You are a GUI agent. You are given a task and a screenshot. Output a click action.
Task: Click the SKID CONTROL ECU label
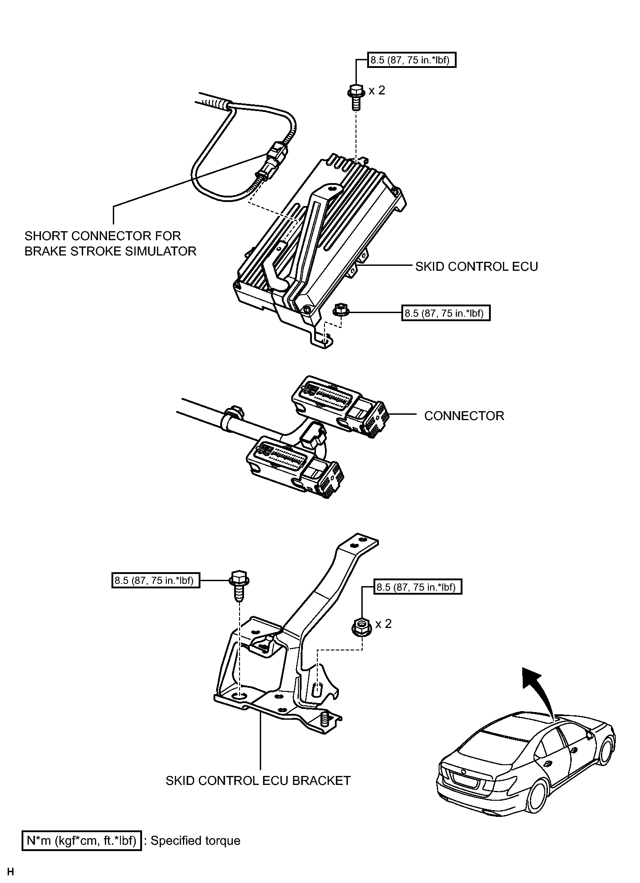(476, 266)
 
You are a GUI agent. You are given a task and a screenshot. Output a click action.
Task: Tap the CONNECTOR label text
(464, 416)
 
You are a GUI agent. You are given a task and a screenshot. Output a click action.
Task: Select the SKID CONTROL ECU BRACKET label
(258, 780)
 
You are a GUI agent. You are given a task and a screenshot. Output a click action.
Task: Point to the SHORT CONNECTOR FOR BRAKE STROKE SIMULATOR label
(110, 243)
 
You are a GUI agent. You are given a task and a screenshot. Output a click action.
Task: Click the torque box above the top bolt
(412, 60)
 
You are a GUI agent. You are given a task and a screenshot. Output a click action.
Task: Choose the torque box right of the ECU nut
(445, 313)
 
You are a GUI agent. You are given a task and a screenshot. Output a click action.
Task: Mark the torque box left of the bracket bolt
(156, 580)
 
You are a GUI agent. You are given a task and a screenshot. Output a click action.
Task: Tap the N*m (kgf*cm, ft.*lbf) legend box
(82, 840)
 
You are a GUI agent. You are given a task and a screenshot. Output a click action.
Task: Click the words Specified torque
(195, 841)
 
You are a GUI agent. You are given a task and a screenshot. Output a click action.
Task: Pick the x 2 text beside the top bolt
(377, 90)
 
